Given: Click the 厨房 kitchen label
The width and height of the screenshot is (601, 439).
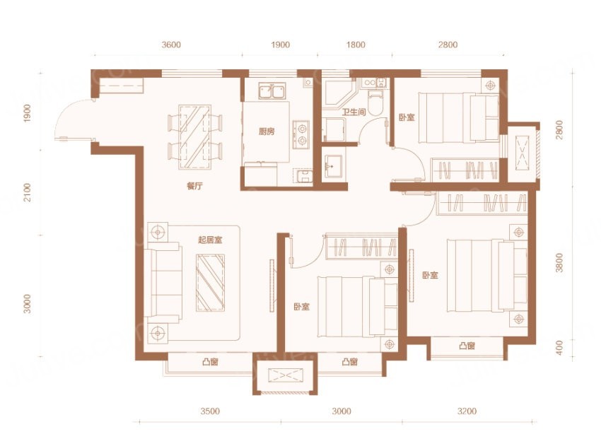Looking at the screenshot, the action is click(267, 131).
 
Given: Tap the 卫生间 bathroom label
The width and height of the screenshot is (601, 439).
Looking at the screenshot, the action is click(354, 112).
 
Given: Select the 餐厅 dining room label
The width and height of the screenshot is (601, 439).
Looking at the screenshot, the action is click(194, 186).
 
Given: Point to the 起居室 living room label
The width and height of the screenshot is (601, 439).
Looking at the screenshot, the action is click(210, 240).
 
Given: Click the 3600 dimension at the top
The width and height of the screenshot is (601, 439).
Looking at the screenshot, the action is click(171, 45).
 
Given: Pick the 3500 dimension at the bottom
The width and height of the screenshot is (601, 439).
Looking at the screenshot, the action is click(210, 411).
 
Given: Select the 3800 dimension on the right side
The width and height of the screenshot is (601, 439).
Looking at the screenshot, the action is click(559, 263).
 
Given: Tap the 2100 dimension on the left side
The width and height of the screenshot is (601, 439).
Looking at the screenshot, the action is click(27, 193).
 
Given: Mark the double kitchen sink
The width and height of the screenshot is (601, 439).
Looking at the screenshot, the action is click(272, 91).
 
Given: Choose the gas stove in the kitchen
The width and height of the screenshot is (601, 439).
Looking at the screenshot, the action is click(301, 134).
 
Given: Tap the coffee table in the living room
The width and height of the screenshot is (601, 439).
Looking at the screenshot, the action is click(211, 283).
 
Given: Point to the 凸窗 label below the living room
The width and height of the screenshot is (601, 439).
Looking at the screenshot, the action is click(210, 362).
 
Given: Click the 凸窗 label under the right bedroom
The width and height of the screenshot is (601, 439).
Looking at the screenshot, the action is click(467, 346).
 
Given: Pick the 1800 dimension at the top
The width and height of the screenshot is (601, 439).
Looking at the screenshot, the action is click(356, 45).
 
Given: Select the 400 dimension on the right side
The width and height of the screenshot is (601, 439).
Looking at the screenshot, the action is click(559, 348).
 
